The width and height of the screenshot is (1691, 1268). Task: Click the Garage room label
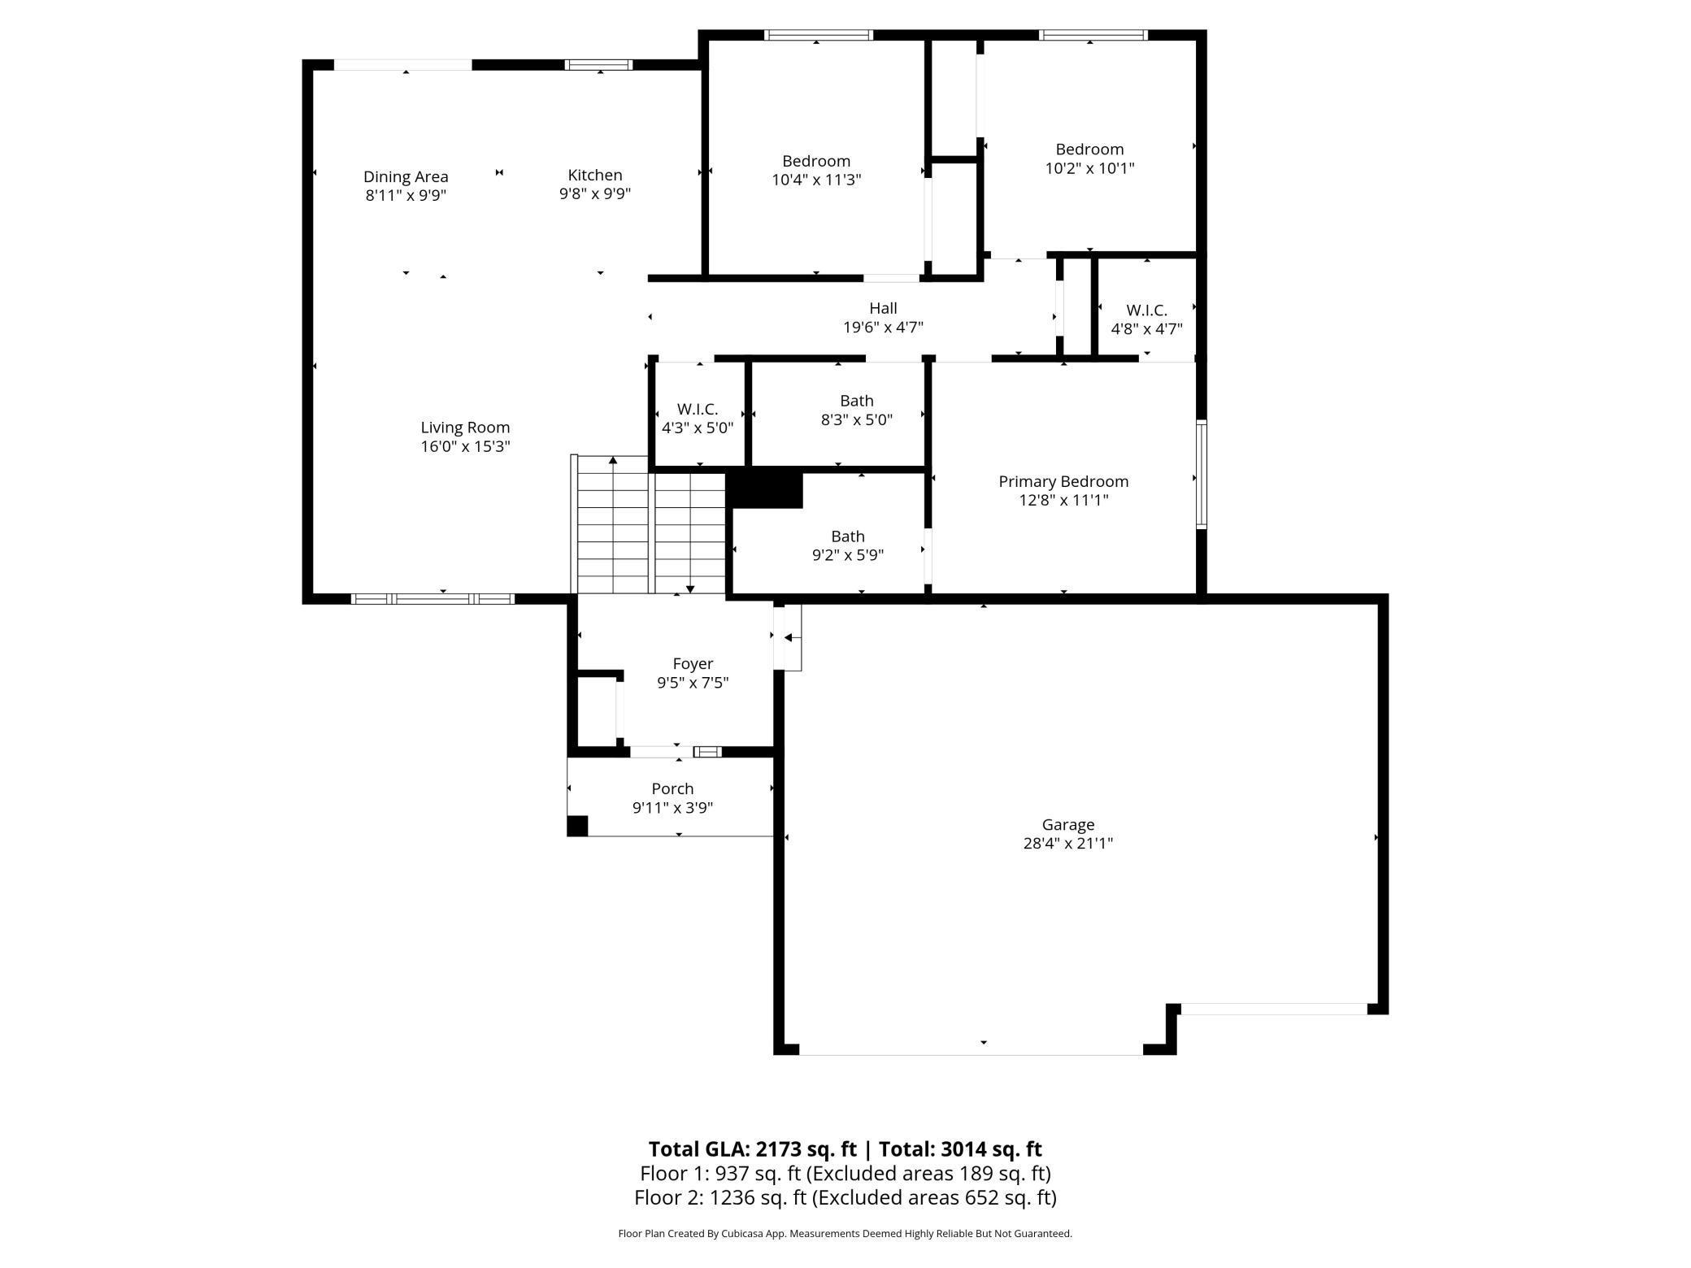(1067, 824)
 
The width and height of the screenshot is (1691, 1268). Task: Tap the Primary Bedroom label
(1063, 481)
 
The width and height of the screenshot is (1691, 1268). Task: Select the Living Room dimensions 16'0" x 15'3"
(465, 446)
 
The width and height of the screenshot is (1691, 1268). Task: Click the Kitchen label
(595, 175)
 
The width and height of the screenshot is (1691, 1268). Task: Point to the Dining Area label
(406, 177)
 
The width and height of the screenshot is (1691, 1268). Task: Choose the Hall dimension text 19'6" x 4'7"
(883, 328)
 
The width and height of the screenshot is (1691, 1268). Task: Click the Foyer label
(693, 664)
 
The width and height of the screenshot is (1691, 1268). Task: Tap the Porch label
(672, 788)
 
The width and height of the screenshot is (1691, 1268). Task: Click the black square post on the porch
(577, 826)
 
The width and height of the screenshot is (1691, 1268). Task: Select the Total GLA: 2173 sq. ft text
(753, 1149)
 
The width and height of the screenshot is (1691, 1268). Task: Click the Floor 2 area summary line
(845, 1197)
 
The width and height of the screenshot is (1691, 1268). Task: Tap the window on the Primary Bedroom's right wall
(1202, 475)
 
